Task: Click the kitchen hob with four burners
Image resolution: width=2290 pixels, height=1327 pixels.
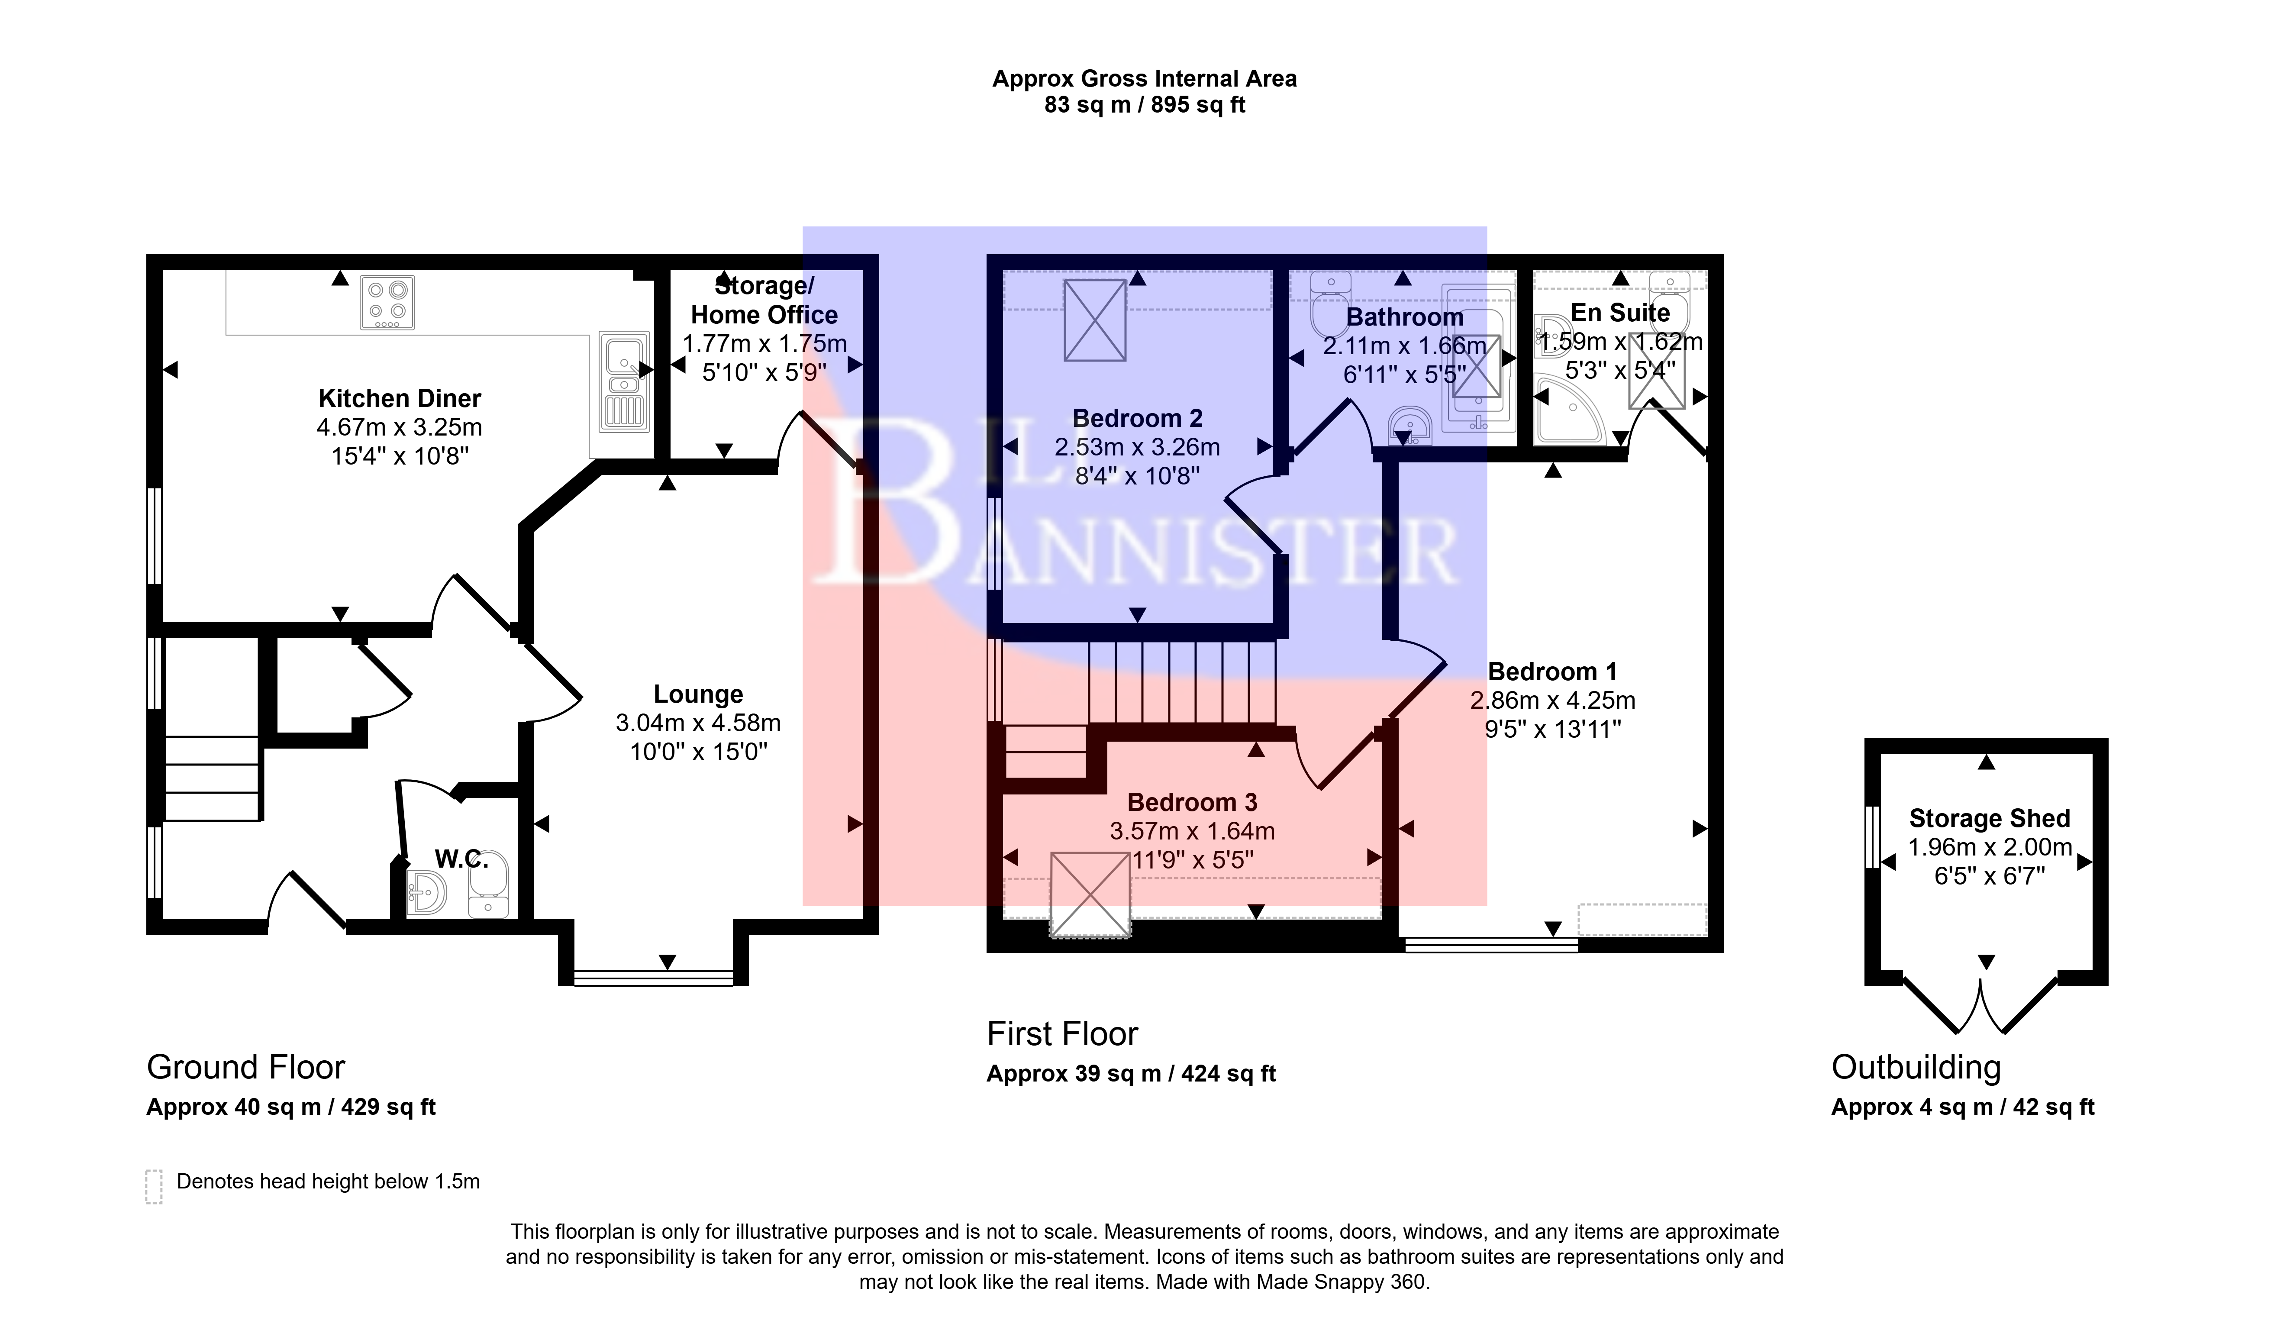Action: (x=388, y=303)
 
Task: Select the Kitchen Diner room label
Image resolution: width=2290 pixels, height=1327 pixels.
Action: (x=400, y=398)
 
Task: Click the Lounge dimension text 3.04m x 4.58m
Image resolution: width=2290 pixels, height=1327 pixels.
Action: (x=698, y=723)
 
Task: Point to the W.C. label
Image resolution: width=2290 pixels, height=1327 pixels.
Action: (x=461, y=859)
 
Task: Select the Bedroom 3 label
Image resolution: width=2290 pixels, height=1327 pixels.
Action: (x=1192, y=803)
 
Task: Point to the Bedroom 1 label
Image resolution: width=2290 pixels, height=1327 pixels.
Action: (x=1552, y=672)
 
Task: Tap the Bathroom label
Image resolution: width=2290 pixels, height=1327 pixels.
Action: (x=1405, y=317)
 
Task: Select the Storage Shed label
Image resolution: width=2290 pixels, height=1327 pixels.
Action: (x=1990, y=819)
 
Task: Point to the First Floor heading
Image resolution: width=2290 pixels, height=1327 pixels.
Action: (x=1062, y=1034)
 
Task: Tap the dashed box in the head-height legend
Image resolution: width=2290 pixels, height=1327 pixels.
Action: (x=154, y=1186)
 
